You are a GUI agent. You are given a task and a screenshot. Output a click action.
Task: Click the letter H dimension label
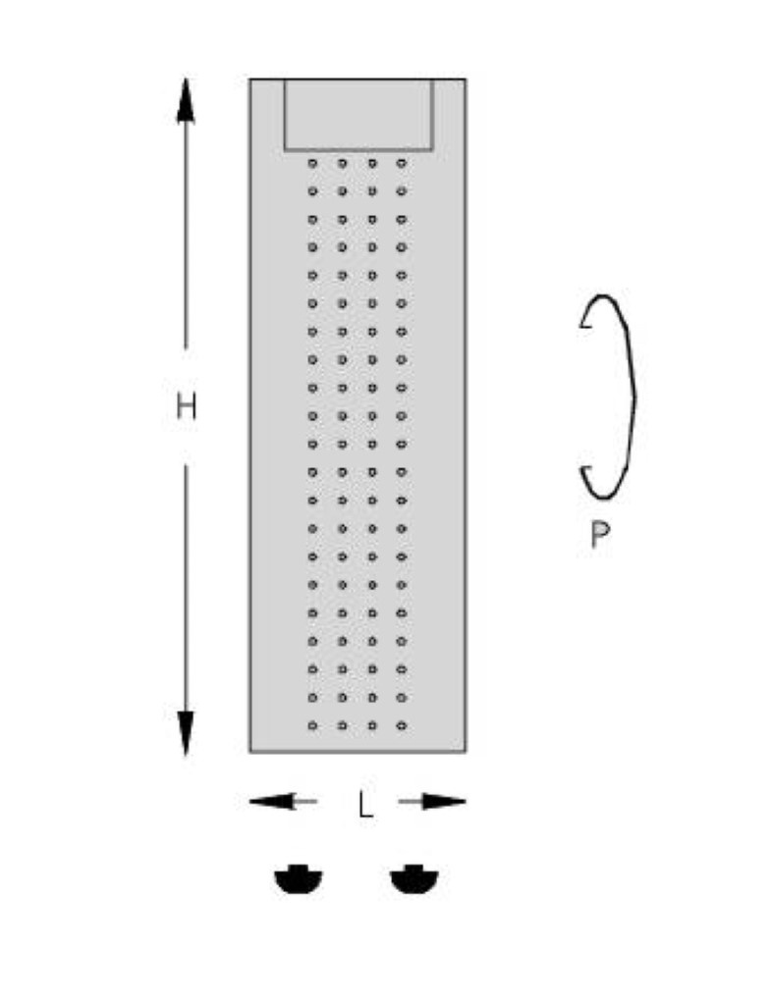coord(186,406)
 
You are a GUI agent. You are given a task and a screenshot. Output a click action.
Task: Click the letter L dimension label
coord(365,805)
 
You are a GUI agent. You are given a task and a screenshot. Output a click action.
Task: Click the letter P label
coord(600,535)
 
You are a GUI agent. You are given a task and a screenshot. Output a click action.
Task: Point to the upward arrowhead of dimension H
coord(186,101)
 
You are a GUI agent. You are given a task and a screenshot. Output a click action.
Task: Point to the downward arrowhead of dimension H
coord(186,733)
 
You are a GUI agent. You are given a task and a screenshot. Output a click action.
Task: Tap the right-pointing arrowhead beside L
coord(443,801)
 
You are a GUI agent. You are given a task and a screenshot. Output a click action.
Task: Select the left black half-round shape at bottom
coord(299,878)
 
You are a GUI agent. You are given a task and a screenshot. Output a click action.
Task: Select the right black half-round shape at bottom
coord(414,878)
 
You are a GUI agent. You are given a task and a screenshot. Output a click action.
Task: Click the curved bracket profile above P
coord(633,397)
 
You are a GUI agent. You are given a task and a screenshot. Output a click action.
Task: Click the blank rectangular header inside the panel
coord(358,115)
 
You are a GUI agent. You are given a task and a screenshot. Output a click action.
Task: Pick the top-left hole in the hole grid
coord(312,164)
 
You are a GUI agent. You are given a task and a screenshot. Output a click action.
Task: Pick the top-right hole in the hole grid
coord(402,164)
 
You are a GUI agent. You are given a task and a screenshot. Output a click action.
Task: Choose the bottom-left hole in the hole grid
coord(312,725)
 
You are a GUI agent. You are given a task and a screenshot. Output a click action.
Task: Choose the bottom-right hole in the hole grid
coord(402,725)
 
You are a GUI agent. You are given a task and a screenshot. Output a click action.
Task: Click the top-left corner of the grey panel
coord(250,79)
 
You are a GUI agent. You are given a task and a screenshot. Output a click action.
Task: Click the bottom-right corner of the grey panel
coord(466,751)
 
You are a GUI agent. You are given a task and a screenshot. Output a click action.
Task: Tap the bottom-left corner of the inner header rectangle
coord(286,150)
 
